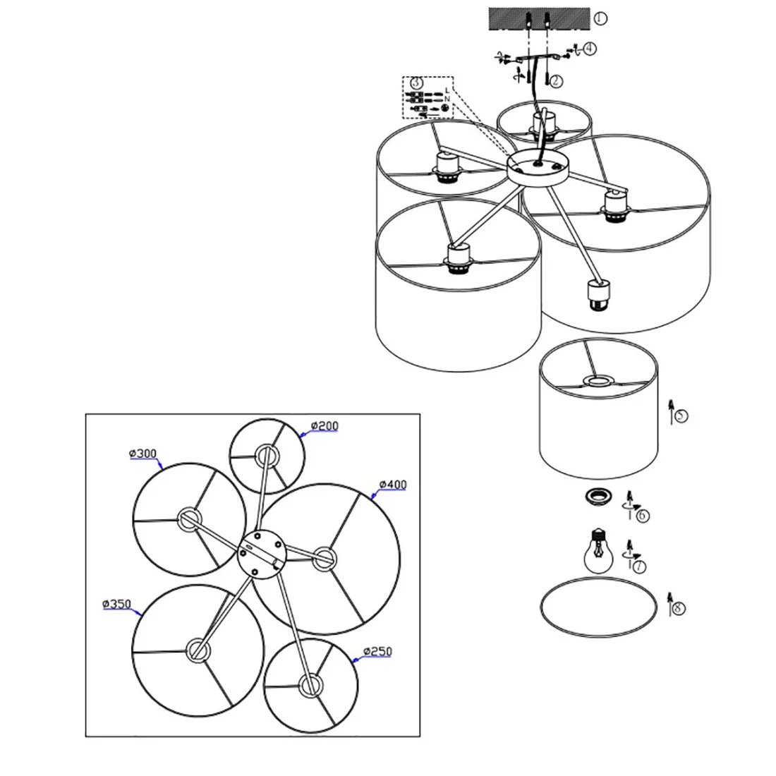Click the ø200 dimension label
point(325,426)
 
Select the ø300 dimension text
point(143,454)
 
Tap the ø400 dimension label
point(392,485)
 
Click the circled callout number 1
point(599,18)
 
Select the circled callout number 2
point(556,81)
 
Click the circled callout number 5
point(680,416)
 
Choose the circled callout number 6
point(642,515)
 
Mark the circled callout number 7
point(638,564)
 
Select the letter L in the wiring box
point(447,91)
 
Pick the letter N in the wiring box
point(447,99)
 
